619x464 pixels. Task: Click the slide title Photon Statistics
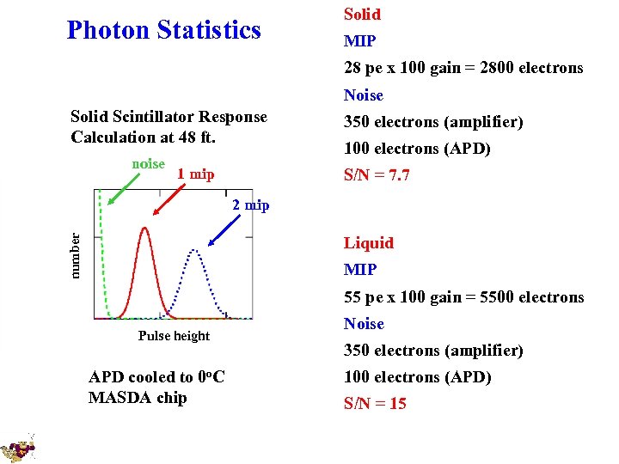pos(163,31)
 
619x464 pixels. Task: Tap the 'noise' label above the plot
pos(149,164)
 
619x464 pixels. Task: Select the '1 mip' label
pos(195,174)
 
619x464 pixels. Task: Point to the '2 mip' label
pos(250,205)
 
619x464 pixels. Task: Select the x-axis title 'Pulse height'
pos(174,336)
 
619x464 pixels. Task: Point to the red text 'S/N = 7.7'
pos(377,175)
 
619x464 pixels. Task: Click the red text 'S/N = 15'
pos(375,404)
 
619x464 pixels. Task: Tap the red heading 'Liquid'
pos(368,243)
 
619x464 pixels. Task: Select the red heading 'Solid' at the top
pos(362,15)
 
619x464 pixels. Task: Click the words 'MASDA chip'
pos(137,398)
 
